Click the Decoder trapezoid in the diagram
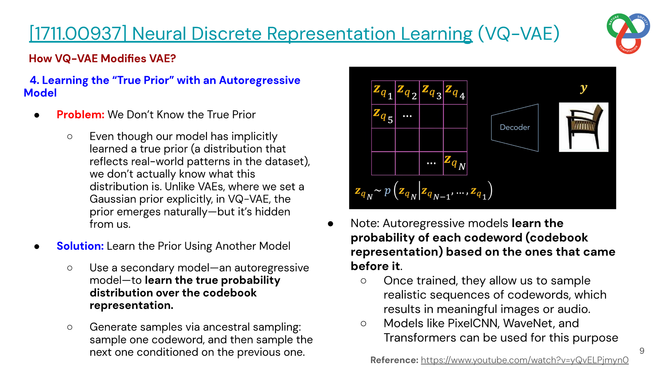click(515, 127)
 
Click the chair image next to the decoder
click(583, 127)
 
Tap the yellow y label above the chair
click(583, 88)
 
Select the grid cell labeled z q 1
click(383, 92)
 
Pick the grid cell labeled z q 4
click(455, 92)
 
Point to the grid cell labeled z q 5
click(383, 116)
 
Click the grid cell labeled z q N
click(455, 164)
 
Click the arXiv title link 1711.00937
click(251, 34)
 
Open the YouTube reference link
click(525, 360)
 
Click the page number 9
click(642, 351)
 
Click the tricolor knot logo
click(628, 33)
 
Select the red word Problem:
click(80, 114)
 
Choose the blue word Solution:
click(80, 246)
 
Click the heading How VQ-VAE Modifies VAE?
click(102, 58)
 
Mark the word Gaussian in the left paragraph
click(112, 199)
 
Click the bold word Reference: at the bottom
click(394, 360)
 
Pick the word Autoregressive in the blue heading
click(260, 80)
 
